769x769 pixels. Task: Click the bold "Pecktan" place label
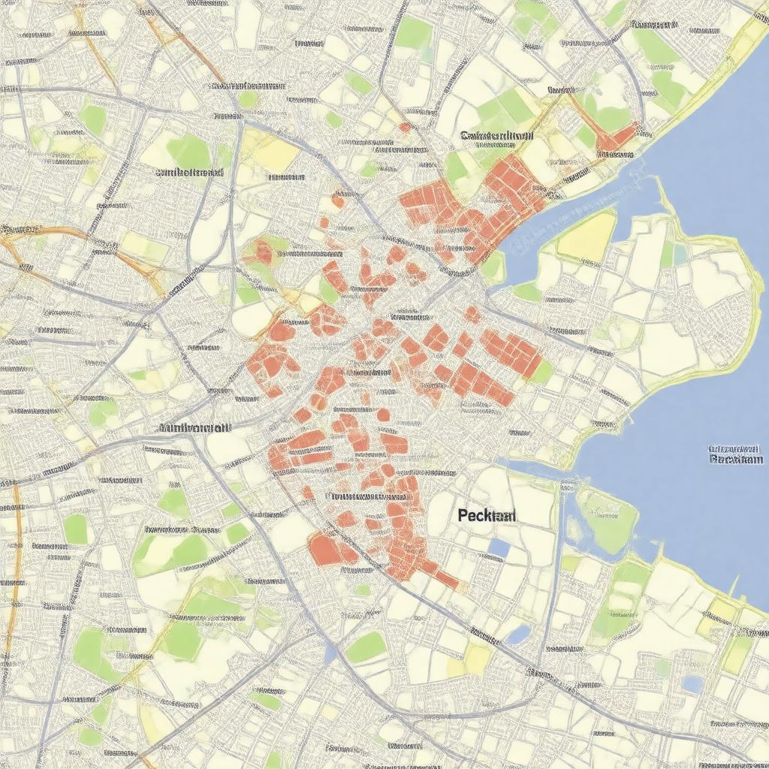pyautogui.click(x=487, y=516)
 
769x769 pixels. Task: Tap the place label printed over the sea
pyautogui.click(x=736, y=454)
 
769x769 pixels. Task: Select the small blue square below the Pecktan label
pyautogui.click(x=498, y=548)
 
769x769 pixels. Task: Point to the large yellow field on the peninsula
pyautogui.click(x=587, y=235)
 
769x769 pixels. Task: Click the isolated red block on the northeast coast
pyautogui.click(x=617, y=137)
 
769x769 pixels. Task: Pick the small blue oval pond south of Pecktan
pyautogui.click(x=518, y=635)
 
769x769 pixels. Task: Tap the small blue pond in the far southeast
pyautogui.click(x=692, y=683)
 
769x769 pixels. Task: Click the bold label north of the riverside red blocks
pyautogui.click(x=496, y=136)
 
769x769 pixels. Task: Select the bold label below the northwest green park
pyautogui.click(x=189, y=171)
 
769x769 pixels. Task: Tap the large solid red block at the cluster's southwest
pyautogui.click(x=328, y=549)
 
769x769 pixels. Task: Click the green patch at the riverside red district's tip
pyautogui.click(x=493, y=267)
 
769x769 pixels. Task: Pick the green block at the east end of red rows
pyautogui.click(x=541, y=370)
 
